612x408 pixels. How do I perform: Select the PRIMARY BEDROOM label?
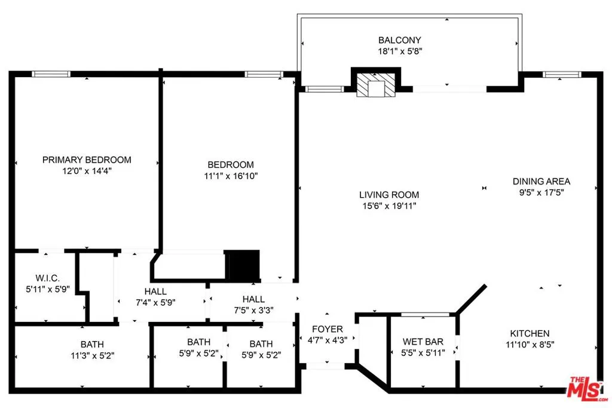87,159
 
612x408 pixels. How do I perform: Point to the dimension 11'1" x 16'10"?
231,176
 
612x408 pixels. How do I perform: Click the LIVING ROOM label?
389,195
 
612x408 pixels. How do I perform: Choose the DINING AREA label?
541,181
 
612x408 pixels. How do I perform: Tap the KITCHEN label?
530,333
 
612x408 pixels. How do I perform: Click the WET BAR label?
423,342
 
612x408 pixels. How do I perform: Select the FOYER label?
328,329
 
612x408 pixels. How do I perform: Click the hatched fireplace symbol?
376,86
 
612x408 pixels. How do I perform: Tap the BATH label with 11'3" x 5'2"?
92,344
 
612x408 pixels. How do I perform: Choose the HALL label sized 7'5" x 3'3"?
253,299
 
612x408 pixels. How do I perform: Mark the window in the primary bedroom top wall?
51,74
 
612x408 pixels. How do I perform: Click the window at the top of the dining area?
562,75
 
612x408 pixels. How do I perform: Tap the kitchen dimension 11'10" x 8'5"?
530,344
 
